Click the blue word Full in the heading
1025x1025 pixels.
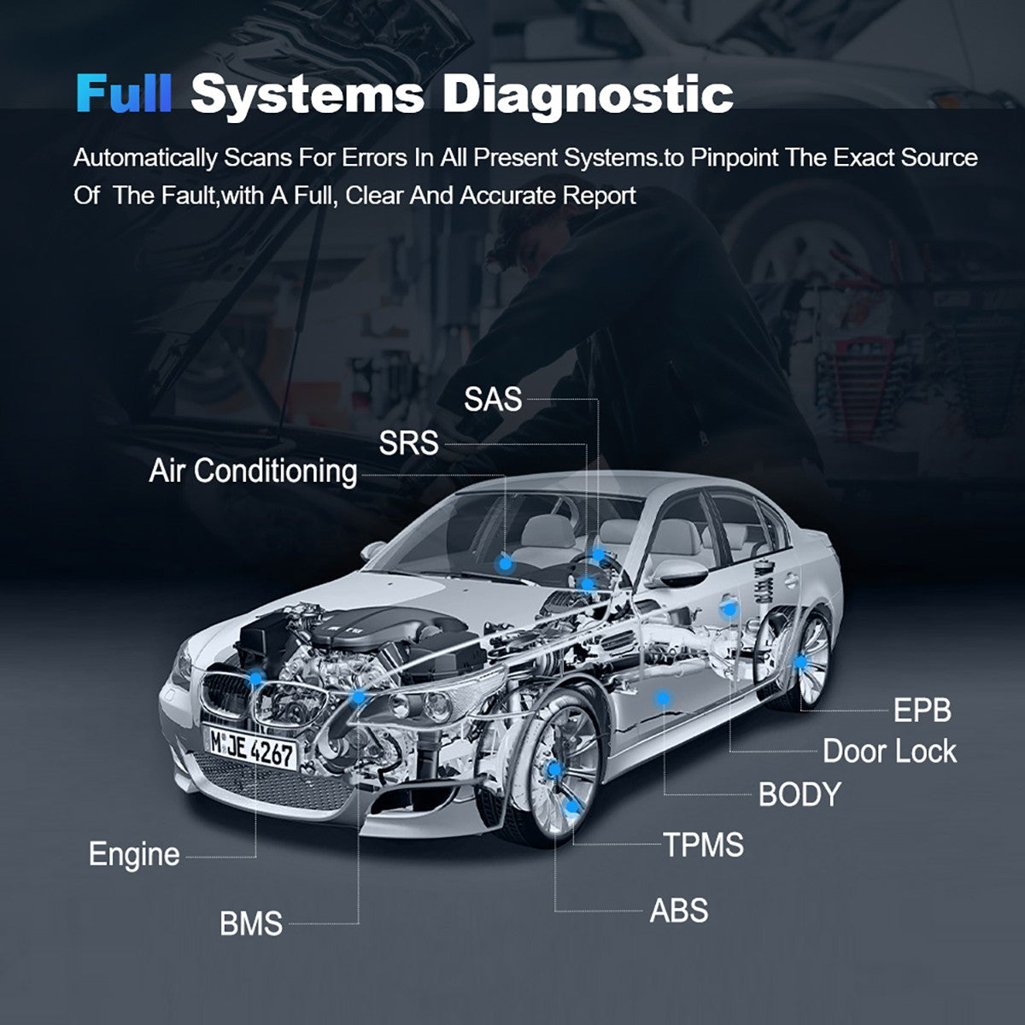click(124, 93)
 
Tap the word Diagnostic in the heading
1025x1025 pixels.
click(588, 93)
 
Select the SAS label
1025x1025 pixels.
click(492, 399)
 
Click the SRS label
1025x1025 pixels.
click(408, 443)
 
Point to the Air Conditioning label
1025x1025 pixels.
click(253, 471)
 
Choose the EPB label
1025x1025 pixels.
click(922, 710)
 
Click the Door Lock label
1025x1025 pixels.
click(889, 752)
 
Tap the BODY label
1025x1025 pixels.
click(799, 794)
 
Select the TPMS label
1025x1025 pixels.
click(704, 846)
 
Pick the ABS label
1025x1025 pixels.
click(679, 911)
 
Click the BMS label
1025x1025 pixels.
click(251, 923)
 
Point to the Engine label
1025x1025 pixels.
click(134, 854)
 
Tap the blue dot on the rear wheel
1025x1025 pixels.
click(800, 662)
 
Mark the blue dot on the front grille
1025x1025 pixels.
click(255, 678)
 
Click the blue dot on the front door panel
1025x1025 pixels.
click(661, 698)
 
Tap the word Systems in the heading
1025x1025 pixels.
click(307, 93)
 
